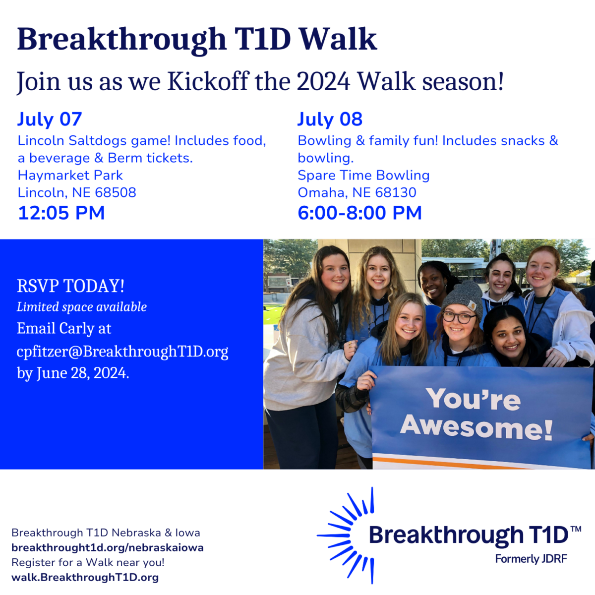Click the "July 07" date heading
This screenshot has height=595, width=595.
tap(50, 119)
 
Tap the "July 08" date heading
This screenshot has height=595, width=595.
tap(330, 119)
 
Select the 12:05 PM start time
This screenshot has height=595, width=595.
tap(61, 213)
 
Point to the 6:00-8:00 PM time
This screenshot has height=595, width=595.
tap(359, 213)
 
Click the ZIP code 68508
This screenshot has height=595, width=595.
tap(116, 192)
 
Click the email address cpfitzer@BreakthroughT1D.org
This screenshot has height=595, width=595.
tap(122, 352)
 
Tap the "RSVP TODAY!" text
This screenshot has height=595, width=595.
tap(71, 286)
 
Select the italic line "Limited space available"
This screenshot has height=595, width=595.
tap(82, 307)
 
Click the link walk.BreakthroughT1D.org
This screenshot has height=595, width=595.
tap(85, 577)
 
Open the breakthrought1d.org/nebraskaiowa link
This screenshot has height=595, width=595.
tap(108, 547)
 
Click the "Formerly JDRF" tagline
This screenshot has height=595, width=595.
tap(531, 559)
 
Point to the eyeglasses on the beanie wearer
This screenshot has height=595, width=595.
tap(459, 317)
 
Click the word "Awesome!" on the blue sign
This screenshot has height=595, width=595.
tap(476, 427)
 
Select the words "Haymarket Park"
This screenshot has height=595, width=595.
tap(70, 176)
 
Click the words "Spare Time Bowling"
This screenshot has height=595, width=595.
tap(364, 176)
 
